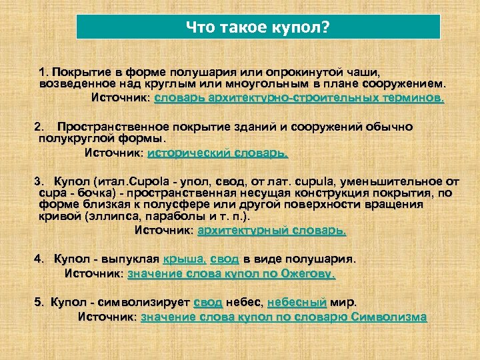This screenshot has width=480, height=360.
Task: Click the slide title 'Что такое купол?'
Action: pyautogui.click(x=258, y=27)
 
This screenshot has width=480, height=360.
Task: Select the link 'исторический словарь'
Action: pyautogui.click(x=217, y=153)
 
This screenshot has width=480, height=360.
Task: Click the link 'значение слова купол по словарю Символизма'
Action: pyautogui.click(x=283, y=317)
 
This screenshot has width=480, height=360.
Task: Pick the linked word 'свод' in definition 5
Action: pyautogui.click(x=208, y=301)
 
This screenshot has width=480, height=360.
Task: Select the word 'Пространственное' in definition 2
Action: pyautogui.click(x=113, y=126)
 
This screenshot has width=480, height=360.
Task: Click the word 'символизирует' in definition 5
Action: pyautogui.click(x=144, y=301)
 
